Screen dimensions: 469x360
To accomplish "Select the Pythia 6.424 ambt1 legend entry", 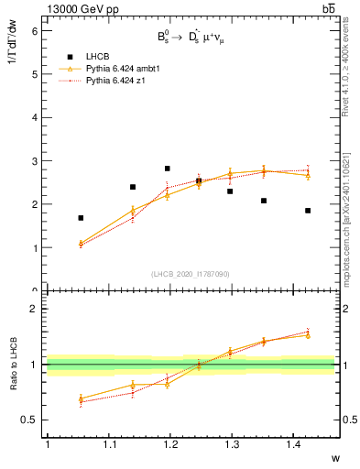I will click(119, 69).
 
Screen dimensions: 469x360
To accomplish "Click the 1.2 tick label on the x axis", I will click(169, 444).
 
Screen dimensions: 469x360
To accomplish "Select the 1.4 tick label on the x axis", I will click(293, 444).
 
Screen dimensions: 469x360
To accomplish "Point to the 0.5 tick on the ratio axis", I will click(29, 420).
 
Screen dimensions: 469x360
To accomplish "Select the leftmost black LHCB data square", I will click(81, 218).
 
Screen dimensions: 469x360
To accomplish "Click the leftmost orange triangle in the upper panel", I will click(81, 243).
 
